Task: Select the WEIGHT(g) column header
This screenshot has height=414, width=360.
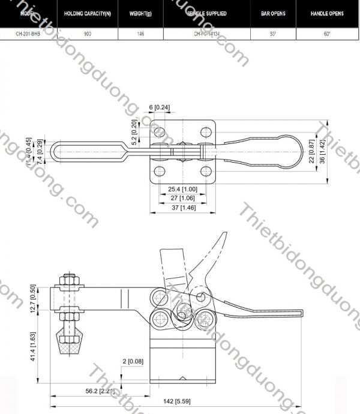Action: [140, 13]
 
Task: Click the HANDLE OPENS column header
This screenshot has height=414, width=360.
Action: [327, 13]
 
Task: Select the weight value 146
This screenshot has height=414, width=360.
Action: [140, 34]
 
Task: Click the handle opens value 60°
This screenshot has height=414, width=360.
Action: [327, 34]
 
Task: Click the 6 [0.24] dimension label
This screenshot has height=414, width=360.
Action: [159, 107]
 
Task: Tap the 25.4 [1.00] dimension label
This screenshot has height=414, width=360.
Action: [179, 188]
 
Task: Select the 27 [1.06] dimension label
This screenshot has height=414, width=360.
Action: [179, 197]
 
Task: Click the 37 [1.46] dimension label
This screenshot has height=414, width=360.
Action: [179, 207]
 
